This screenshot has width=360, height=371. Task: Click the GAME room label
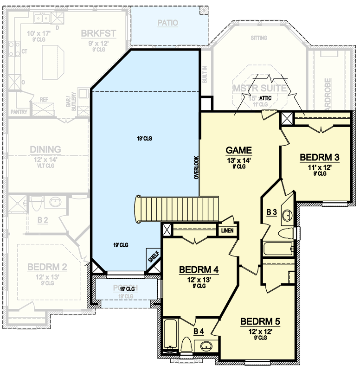pos(238,150)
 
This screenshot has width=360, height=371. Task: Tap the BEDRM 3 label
pos(319,157)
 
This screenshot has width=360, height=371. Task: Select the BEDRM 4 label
pos(199,270)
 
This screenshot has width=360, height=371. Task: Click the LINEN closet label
pos(227,230)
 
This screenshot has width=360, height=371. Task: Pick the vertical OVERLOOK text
pos(196,167)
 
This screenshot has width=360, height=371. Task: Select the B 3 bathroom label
pos(271,212)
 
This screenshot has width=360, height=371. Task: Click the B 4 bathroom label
pos(199,331)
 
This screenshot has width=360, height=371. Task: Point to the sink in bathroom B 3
pos(287,215)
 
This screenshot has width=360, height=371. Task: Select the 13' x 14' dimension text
pos(238,160)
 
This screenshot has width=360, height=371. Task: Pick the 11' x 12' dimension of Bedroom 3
pos(319,166)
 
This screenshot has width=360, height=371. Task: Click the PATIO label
pos(167,22)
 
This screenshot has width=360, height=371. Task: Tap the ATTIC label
pos(265,98)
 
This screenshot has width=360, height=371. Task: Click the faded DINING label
pos(45,149)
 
